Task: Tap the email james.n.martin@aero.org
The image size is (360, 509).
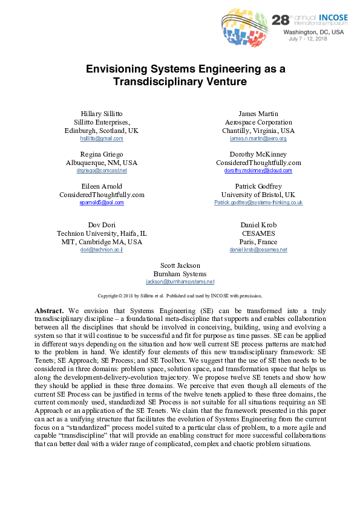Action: coord(258,138)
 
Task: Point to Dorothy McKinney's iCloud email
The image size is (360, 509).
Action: coord(258,170)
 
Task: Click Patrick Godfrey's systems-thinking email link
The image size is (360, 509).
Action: coord(258,203)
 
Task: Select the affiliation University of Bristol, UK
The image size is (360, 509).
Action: coord(258,194)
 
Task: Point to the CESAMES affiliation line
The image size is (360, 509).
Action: coord(258,233)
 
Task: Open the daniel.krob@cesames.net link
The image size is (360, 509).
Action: coord(258,250)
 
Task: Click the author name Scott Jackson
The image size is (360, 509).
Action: coord(180,265)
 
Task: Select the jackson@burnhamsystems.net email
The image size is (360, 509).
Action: coord(180,282)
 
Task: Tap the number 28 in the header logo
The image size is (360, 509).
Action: coord(281,19)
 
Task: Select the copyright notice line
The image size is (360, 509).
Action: coord(180,296)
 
